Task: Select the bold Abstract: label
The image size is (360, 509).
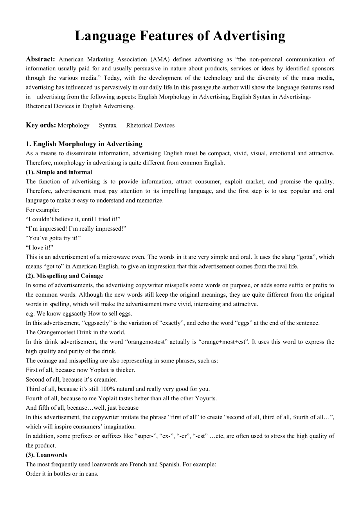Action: tap(40, 59)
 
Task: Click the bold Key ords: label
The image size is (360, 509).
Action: tap(41, 125)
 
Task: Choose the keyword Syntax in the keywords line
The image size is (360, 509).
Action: tap(108, 125)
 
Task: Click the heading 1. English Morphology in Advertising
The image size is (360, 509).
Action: tap(84, 144)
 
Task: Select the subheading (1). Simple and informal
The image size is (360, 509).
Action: tap(59, 172)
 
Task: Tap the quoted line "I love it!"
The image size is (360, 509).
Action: tap(40, 247)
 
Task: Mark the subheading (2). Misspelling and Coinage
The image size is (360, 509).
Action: tap(65, 276)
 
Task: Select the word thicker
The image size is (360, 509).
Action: tap(125, 370)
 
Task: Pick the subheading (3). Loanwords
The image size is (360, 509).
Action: tap(47, 455)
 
